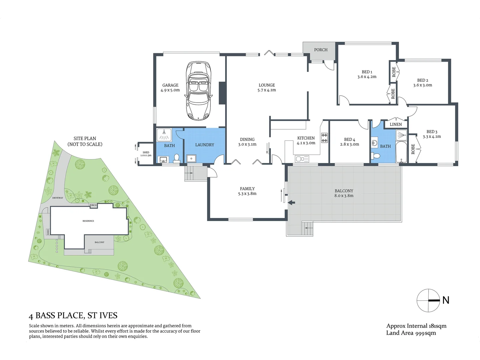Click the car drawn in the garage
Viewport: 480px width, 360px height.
[x=198, y=91]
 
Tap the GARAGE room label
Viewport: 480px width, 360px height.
[x=170, y=85]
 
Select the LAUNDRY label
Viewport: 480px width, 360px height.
[x=204, y=145]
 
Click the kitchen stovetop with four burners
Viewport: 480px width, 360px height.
[x=324, y=138]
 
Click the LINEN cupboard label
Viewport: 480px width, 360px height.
[x=396, y=124]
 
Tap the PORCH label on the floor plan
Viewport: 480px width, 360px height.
[x=321, y=50]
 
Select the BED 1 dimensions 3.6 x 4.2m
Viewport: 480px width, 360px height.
[x=367, y=77]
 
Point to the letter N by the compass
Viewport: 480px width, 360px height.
[x=446, y=300]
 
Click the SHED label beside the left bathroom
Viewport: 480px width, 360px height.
[x=146, y=152]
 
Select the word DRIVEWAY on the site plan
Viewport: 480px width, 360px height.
[x=57, y=198]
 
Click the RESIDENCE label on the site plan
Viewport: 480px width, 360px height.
[x=88, y=221]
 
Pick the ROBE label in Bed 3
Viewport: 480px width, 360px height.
[x=413, y=149]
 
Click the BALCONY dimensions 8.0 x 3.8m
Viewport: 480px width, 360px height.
[x=344, y=196]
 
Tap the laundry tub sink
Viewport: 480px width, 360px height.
[x=191, y=158]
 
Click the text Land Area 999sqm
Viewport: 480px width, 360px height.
[x=411, y=333]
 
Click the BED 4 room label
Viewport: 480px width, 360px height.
[x=350, y=140]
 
